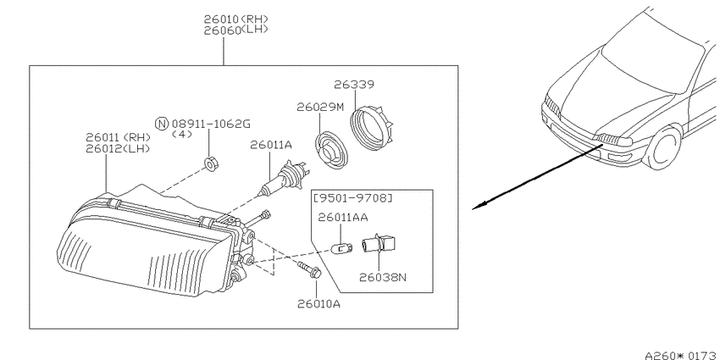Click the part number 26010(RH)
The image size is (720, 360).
coord(236,19)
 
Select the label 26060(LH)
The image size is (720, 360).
coord(236,30)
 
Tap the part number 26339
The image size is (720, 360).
coord(354,85)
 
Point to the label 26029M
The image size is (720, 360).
coord(320,108)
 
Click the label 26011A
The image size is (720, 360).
coord(271,145)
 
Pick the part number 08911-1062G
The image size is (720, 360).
coord(211,124)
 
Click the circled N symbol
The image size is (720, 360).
coord(162,124)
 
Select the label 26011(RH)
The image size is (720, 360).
coord(118,137)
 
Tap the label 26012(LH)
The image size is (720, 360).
coord(118,149)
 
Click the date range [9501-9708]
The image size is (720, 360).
coord(353,198)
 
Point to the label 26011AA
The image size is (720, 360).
coord(343,217)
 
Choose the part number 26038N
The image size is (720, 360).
coord(383,277)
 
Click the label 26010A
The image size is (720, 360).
coord(318,304)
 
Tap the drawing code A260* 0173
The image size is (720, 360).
coord(683,356)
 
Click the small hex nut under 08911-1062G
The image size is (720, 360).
coord(211,163)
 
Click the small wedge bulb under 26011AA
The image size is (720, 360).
coord(342,249)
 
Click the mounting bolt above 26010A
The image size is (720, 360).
coord(309,269)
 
